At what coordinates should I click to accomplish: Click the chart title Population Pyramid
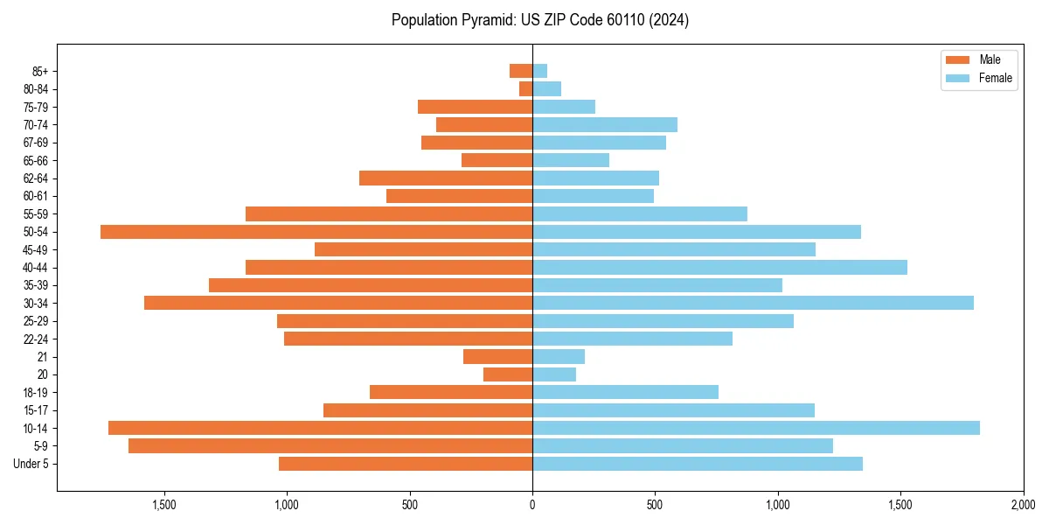tap(539, 20)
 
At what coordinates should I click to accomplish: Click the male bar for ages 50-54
tap(316, 232)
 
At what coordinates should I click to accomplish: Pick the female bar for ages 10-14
tap(756, 428)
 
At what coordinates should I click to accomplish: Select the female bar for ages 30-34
tap(753, 303)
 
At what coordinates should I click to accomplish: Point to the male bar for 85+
tap(521, 71)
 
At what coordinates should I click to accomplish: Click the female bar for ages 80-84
tap(546, 88)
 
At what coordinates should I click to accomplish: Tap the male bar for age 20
tap(508, 374)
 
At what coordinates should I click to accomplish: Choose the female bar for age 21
tap(559, 357)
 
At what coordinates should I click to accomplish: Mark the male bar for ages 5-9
tap(330, 446)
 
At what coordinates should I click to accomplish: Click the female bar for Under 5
tap(698, 464)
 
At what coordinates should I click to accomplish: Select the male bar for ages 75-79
tap(475, 107)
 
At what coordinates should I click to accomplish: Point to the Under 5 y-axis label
tap(31, 464)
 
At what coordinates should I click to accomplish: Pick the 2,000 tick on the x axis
tap(1023, 504)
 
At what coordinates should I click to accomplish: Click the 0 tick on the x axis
tap(532, 504)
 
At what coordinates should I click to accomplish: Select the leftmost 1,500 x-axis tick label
tap(164, 504)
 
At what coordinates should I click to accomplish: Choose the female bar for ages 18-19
tap(625, 392)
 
